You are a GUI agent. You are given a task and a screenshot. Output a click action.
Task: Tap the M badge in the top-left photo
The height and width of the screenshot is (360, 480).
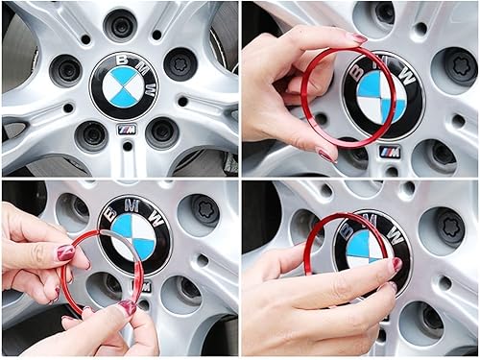click(127, 129)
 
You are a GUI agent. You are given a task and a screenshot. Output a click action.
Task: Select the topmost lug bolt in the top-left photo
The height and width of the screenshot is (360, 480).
click(121, 26)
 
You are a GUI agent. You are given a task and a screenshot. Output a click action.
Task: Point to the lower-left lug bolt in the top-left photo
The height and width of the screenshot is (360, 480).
click(91, 133)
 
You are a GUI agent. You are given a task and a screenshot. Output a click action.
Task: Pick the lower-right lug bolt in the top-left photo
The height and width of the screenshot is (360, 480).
click(162, 132)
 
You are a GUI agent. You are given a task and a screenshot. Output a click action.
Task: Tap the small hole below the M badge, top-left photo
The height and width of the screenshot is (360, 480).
click(127, 147)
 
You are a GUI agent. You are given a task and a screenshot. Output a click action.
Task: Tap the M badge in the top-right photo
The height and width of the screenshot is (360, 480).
click(390, 152)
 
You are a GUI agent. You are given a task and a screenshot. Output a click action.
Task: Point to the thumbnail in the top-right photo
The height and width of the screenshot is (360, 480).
click(357, 38)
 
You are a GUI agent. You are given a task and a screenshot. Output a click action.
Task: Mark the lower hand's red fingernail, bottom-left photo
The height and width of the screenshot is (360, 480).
click(126, 308)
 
